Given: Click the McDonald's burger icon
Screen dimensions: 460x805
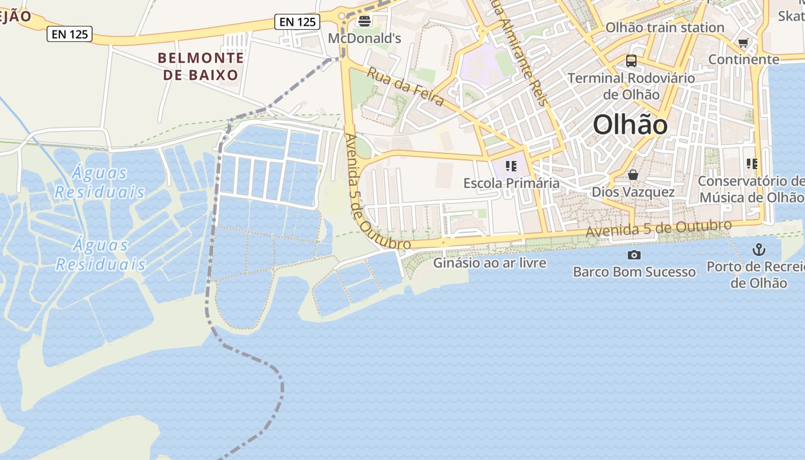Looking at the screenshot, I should point(364,21).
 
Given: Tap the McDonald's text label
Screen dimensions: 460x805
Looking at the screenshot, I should point(364,39).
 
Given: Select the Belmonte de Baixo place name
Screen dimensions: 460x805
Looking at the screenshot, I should point(201,66).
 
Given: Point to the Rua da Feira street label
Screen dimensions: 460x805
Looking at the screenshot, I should point(405,87).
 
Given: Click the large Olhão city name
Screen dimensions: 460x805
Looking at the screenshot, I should point(630,125).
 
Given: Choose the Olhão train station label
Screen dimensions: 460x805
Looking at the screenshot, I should point(665,28).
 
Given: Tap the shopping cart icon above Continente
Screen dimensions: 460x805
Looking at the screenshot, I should point(743,43).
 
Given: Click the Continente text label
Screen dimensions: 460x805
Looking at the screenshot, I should point(743,59).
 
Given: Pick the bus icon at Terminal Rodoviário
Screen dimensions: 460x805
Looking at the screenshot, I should point(631,60).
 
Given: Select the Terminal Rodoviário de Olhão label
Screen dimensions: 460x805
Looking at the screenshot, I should point(631,86).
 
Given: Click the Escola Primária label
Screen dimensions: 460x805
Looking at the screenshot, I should point(511,183).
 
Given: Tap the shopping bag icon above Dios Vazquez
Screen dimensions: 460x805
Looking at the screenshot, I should point(633,175).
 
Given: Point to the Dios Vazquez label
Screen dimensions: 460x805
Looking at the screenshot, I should point(633,191).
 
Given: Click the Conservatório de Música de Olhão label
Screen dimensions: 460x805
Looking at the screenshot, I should point(751,189).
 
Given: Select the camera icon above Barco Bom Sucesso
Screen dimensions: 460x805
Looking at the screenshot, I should point(634,255).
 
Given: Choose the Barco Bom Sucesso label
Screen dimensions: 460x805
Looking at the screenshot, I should point(634,271).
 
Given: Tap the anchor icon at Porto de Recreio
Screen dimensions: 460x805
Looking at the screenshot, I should point(760,250).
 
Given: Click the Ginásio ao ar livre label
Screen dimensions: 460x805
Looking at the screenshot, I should point(489,263).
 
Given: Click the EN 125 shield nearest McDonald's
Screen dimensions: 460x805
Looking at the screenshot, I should point(296,22).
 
